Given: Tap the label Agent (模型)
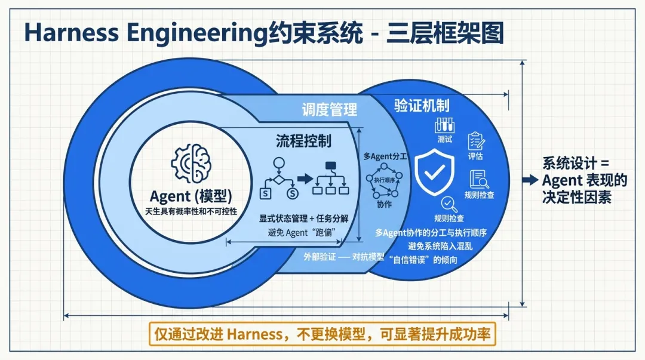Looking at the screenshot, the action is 191,196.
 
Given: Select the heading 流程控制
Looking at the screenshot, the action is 303,140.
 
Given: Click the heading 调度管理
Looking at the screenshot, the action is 329,109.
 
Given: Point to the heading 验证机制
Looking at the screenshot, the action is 422,105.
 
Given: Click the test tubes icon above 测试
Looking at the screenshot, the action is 444,125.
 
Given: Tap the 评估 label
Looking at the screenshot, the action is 475,156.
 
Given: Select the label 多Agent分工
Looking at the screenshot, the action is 385,156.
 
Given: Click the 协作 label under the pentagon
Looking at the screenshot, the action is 384,204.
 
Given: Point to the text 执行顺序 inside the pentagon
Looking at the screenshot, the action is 385,180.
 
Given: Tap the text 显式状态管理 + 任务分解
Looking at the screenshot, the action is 304,219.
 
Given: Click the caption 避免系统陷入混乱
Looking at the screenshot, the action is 440,245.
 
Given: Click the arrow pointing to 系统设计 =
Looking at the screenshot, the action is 529,180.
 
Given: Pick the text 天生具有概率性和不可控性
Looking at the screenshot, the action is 191,211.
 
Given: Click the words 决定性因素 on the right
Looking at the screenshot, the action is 576,197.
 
